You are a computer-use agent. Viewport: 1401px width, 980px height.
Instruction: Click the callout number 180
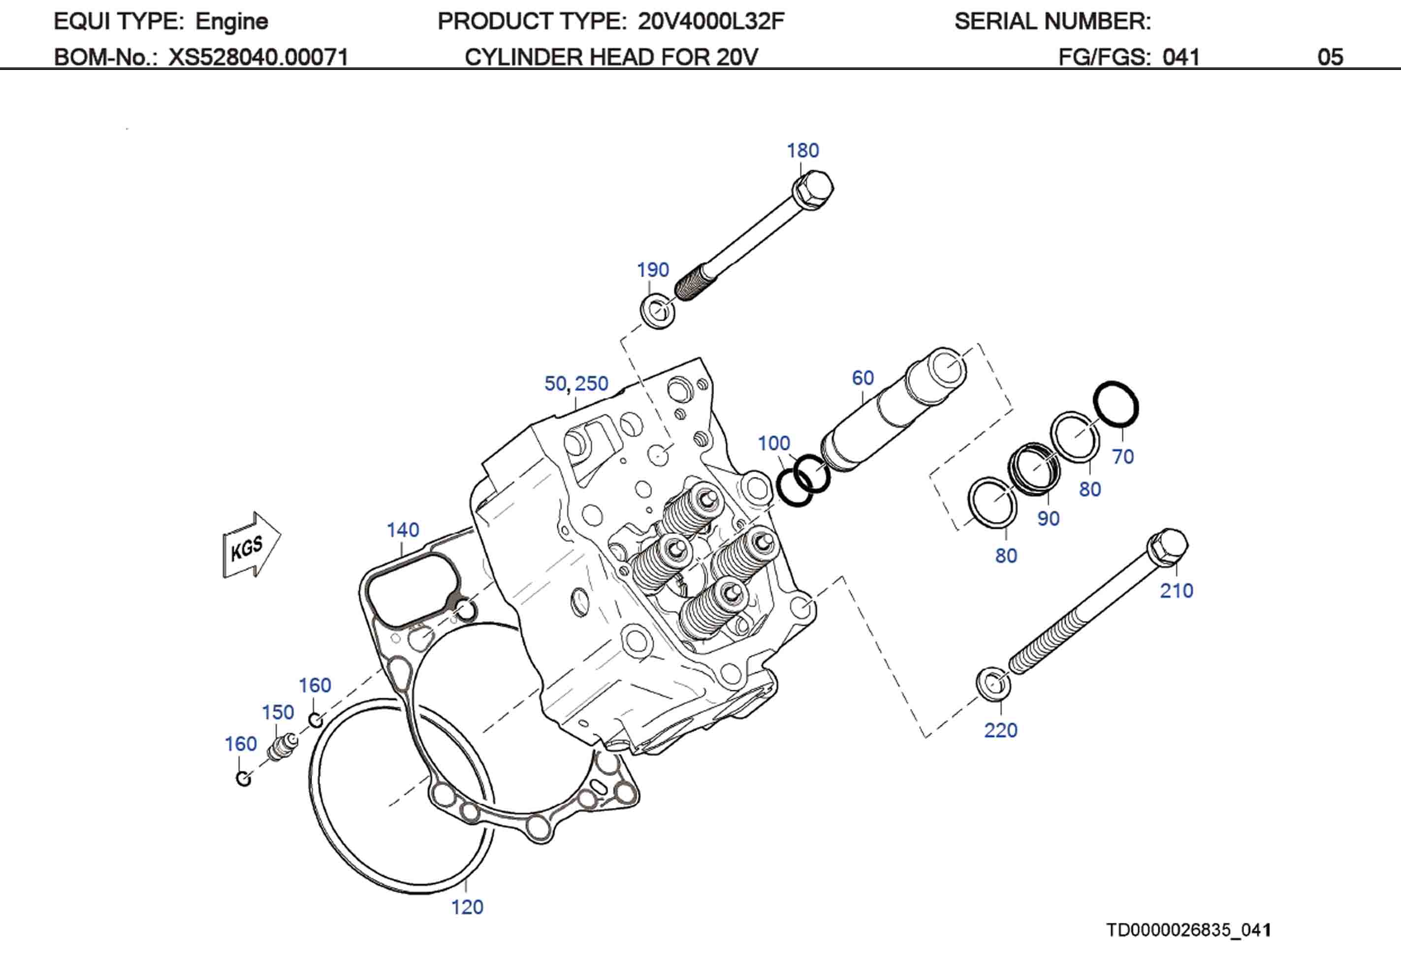point(802,150)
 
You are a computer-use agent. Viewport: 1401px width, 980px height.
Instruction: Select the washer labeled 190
point(657,311)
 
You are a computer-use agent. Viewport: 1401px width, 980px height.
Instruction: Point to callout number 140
point(403,530)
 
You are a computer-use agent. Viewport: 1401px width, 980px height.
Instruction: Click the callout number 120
point(467,907)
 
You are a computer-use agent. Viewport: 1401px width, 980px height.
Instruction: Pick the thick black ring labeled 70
point(1115,404)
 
